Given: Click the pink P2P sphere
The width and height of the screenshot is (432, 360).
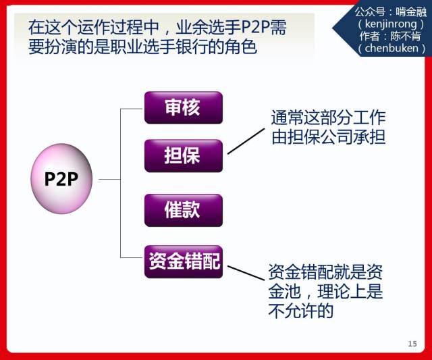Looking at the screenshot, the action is [61, 178].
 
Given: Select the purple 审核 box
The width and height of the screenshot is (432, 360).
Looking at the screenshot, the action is [184, 108].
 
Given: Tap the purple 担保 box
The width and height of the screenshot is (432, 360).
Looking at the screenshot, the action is [184, 156].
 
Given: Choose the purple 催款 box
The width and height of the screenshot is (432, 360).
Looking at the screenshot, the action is [184, 210].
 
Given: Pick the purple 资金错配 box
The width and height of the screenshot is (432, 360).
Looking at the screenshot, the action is [184, 261].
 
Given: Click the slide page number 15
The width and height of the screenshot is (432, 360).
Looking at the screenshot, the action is [412, 344].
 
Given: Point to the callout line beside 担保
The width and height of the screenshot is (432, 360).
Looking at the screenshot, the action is [246, 141].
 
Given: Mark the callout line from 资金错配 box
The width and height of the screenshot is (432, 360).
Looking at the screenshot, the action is [246, 273].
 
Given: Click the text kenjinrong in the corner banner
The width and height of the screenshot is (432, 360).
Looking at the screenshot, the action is [391, 24].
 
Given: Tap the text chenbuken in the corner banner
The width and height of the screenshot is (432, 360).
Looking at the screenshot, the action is [391, 48].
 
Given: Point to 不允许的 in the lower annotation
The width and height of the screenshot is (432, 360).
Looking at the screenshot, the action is [300, 311].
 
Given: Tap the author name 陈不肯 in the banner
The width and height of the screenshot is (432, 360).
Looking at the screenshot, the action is [406, 36].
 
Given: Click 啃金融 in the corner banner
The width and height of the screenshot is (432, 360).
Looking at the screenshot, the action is [411, 12].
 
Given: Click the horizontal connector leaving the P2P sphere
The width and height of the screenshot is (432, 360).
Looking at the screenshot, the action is [109, 180].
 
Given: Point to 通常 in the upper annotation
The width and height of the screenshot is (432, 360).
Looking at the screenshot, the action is [287, 118].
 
